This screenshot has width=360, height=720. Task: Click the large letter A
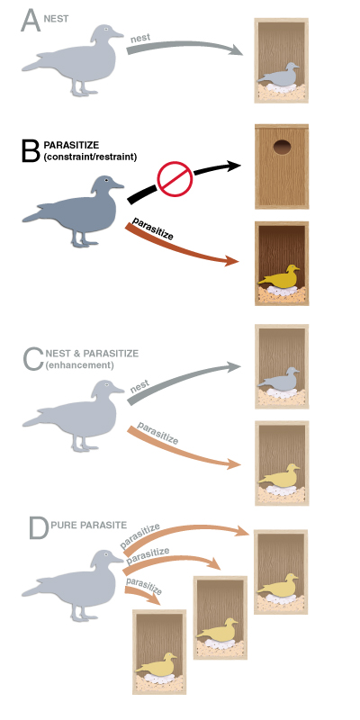pos(31,20)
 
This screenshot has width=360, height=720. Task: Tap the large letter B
pos(31,149)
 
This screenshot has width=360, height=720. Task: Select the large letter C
pos(33,359)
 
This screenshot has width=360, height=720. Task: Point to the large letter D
pos(39,528)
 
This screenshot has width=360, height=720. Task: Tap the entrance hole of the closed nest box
pos(282,148)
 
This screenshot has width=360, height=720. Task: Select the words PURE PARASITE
pos(88,525)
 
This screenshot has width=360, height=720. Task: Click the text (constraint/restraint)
pos(91,157)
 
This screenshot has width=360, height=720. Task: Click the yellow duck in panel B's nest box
pos(279,276)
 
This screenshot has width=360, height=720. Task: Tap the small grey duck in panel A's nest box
pos(279,75)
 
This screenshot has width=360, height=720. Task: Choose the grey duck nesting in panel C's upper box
pos(279,378)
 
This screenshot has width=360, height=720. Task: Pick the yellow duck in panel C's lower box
pos(279,475)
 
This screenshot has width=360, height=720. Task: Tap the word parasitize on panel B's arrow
pos(152,229)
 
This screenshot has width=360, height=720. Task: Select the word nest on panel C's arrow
pos(140,389)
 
